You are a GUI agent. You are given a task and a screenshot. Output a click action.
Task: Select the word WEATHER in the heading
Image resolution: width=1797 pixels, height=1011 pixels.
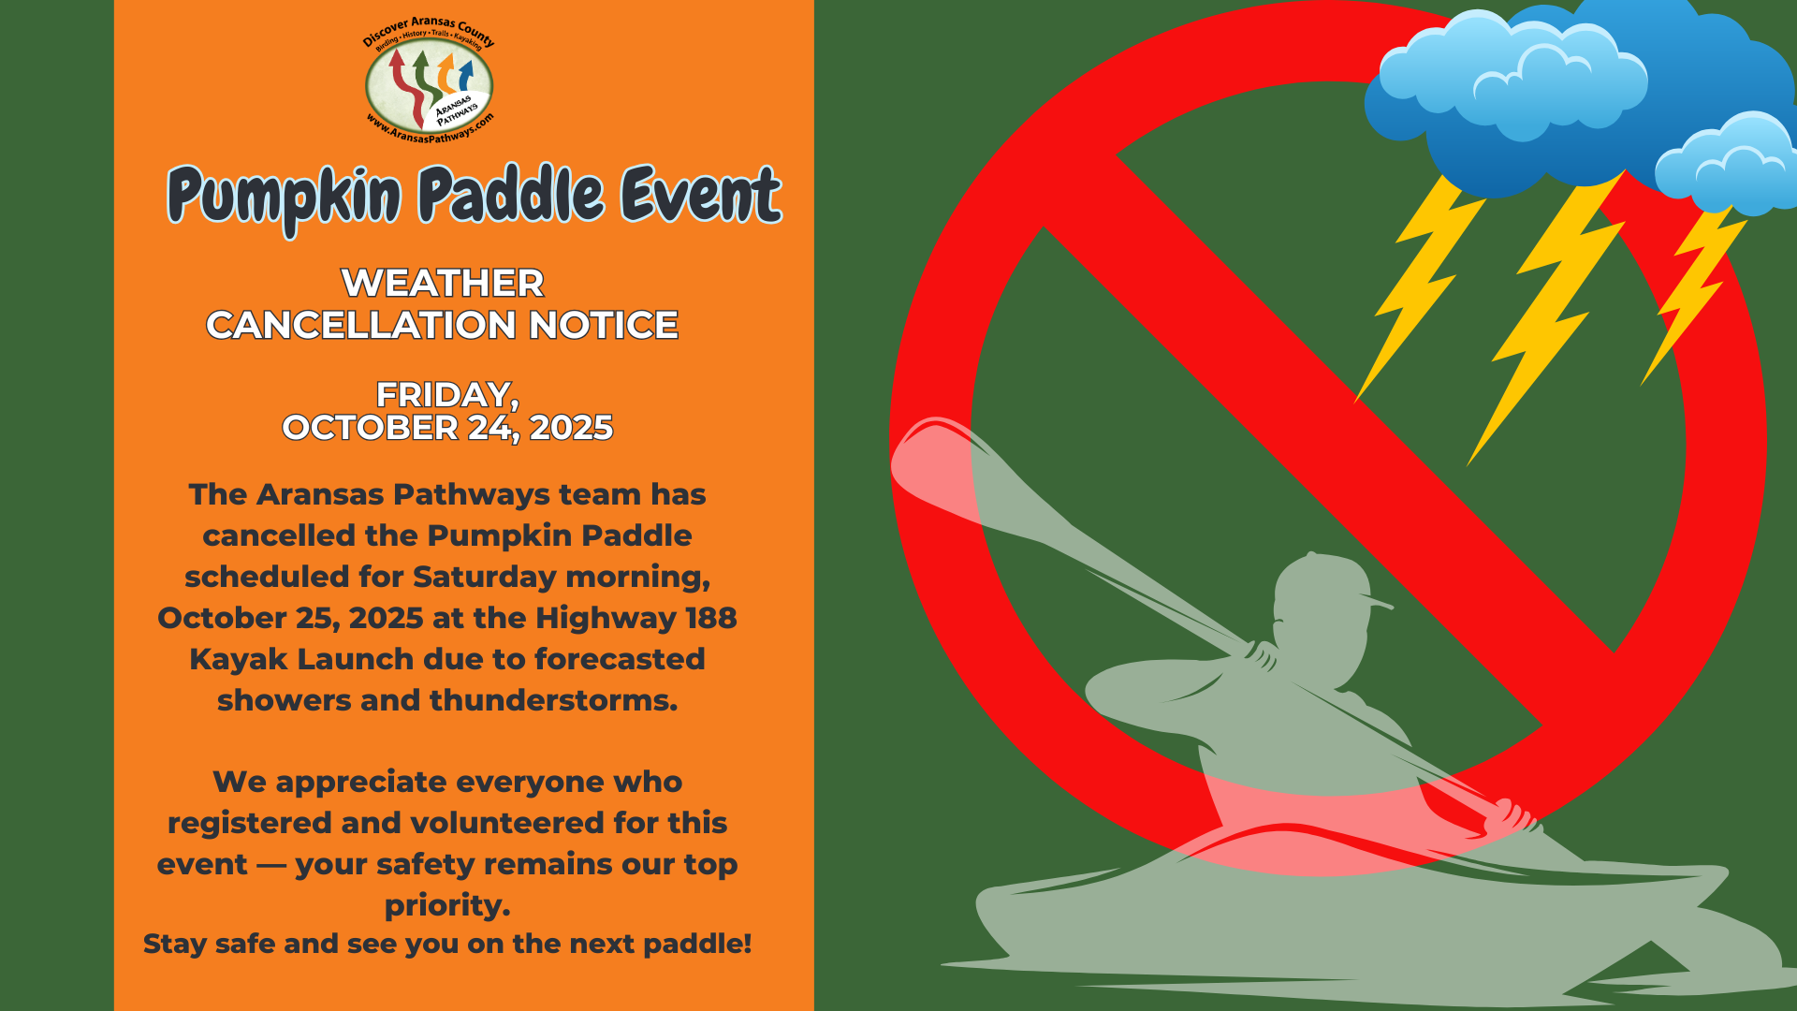442,283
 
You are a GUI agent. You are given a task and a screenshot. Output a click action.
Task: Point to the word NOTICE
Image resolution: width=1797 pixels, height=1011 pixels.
604,325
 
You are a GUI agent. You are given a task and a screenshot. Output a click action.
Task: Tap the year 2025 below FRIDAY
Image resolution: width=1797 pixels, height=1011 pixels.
571,428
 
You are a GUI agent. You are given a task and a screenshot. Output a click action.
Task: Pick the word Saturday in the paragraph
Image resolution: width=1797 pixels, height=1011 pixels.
485,578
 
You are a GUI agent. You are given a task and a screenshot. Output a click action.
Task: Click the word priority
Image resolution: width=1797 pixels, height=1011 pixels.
447,906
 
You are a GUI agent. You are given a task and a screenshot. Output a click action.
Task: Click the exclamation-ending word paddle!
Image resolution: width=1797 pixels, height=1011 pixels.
696,944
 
